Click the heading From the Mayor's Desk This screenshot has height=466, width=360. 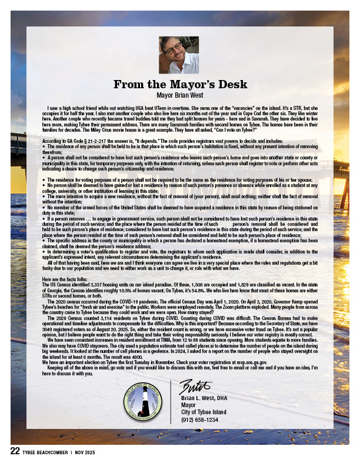click(x=179, y=84)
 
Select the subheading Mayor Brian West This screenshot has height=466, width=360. click(x=179, y=94)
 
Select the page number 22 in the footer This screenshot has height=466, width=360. click(x=15, y=451)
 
